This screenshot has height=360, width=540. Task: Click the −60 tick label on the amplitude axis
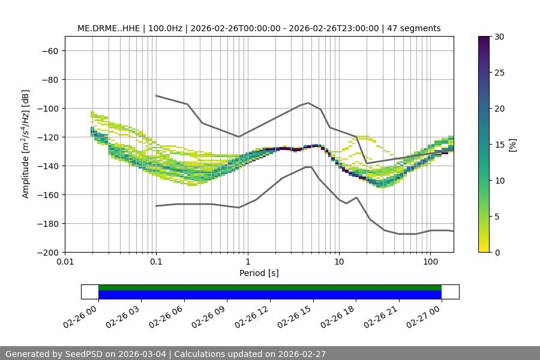[x=49, y=51]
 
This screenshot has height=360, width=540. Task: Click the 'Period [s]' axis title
[x=259, y=273]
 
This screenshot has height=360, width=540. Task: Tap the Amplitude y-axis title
[x=25, y=144]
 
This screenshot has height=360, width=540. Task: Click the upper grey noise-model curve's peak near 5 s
[x=308, y=103]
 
